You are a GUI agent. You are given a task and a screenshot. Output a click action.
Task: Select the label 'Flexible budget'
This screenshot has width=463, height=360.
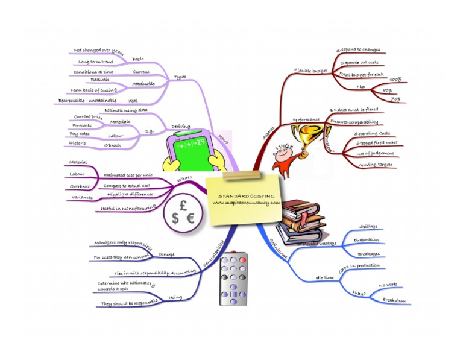[310, 70]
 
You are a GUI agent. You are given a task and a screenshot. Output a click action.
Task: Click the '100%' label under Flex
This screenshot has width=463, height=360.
[395, 80]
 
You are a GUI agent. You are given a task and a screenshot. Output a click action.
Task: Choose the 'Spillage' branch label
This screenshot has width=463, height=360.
[368, 227]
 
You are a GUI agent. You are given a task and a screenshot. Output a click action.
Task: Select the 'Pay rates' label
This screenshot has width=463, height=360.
[81, 134]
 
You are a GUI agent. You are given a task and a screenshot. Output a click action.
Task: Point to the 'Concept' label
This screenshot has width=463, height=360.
[166, 254]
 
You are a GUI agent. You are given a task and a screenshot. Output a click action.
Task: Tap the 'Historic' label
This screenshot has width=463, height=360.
[78, 144]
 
